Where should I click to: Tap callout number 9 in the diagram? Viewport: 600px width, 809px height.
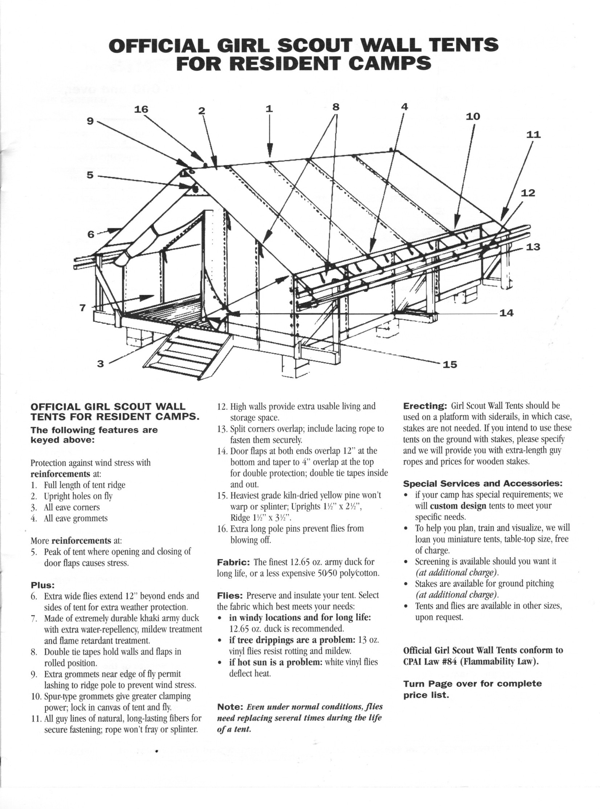click(90, 121)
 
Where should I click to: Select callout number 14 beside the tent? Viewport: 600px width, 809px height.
click(506, 313)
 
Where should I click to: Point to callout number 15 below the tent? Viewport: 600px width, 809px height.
click(450, 364)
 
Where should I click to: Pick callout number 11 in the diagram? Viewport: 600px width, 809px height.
click(534, 134)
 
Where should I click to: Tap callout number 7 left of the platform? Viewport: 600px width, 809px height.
click(83, 308)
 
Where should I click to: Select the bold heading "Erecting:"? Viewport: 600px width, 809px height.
click(425, 405)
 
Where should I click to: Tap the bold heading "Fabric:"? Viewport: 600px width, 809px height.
click(233, 562)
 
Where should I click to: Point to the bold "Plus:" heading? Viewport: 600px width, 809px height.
click(42, 585)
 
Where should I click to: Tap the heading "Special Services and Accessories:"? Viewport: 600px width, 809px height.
click(483, 484)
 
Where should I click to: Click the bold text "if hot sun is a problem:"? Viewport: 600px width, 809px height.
click(276, 662)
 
